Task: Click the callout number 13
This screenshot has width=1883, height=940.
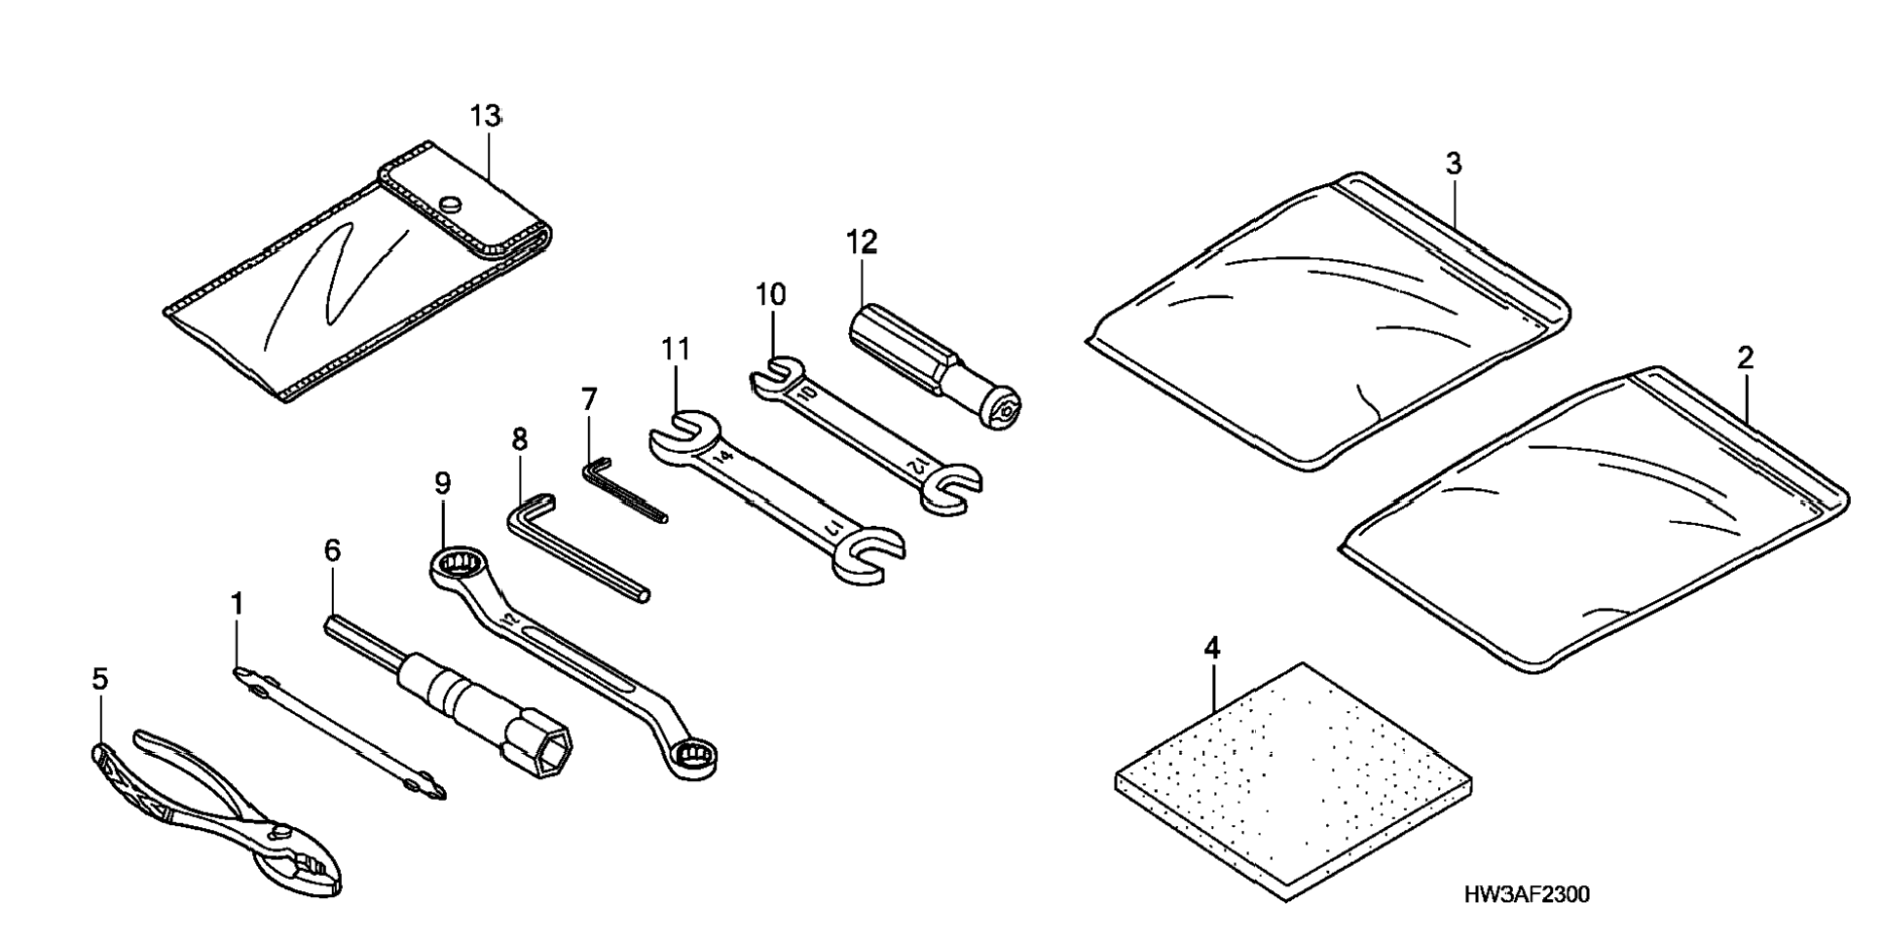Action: [x=485, y=116]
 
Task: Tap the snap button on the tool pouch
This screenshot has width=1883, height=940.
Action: [x=450, y=205]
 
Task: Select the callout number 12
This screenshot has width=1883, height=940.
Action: [x=862, y=243]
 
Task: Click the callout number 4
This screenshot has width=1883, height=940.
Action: [x=1211, y=648]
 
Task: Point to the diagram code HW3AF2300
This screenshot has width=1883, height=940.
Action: [x=1526, y=893]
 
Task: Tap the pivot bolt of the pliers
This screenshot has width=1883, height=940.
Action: [x=284, y=833]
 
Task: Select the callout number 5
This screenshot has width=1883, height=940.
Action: [x=100, y=679]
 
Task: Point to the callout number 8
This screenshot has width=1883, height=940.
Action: [x=520, y=439]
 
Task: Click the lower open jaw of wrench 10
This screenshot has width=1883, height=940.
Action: [x=950, y=486]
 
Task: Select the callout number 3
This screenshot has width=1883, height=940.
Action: [x=1453, y=165]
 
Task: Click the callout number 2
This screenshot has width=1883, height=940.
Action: [x=1745, y=357]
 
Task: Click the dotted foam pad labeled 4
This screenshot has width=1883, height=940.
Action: [x=1293, y=779]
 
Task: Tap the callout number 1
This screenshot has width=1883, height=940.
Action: [x=237, y=605]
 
